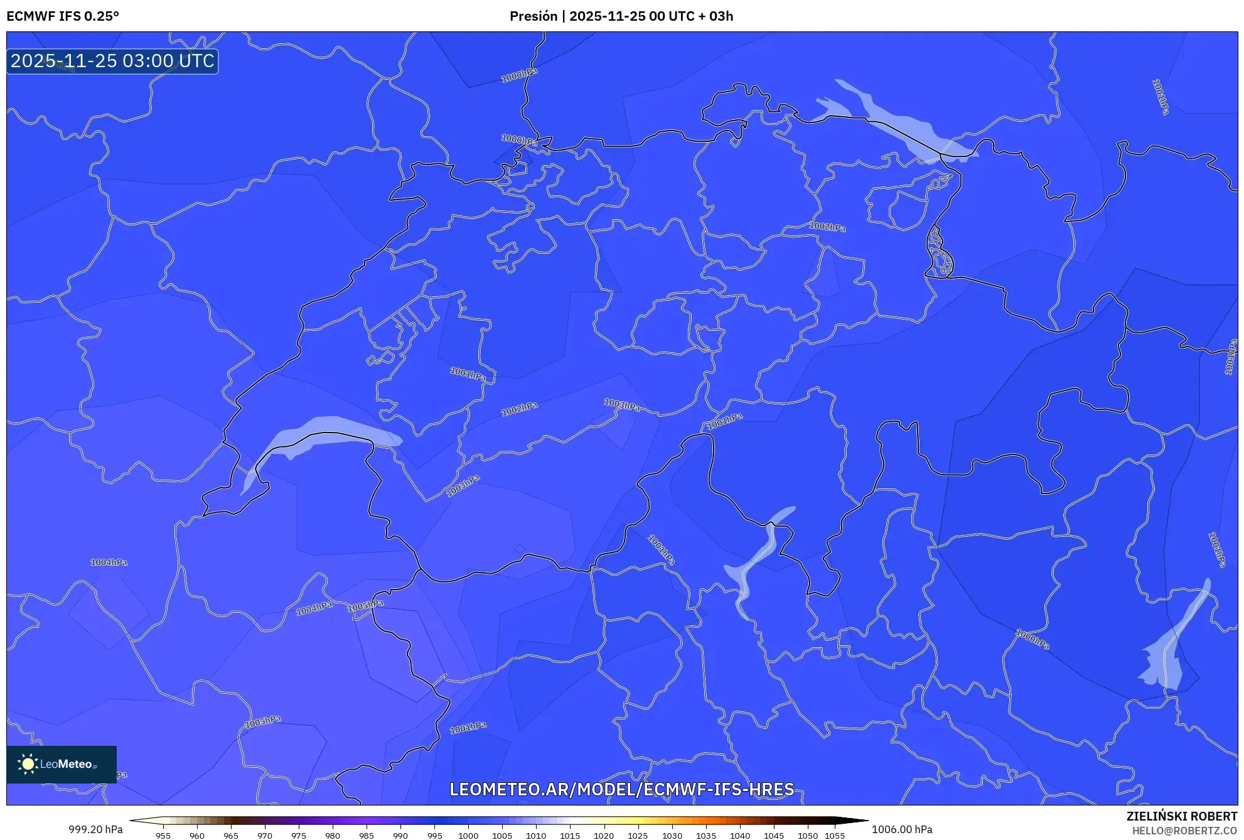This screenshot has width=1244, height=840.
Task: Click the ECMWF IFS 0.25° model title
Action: (x=63, y=16)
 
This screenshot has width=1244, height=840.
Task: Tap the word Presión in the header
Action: (x=533, y=16)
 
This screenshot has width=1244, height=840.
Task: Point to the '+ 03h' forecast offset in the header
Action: (x=716, y=16)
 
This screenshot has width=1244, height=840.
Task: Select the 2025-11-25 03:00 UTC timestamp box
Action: (x=112, y=62)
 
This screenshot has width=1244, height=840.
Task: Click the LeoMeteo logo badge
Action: (x=62, y=764)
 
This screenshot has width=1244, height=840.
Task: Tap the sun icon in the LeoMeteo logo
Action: (x=28, y=763)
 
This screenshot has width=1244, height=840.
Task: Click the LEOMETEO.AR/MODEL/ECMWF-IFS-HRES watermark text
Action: (x=621, y=789)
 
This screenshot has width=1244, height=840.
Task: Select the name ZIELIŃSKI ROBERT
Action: (x=1181, y=816)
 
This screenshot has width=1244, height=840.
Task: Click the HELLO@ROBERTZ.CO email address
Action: (x=1184, y=831)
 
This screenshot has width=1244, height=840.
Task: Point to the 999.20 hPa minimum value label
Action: (x=95, y=829)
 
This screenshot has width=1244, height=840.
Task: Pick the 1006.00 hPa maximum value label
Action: (x=901, y=829)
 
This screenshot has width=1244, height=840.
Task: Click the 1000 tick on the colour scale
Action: (x=468, y=836)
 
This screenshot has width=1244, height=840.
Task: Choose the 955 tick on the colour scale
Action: (x=163, y=836)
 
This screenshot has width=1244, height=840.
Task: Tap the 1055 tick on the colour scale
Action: (x=834, y=836)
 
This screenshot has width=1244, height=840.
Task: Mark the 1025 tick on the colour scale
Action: (x=638, y=836)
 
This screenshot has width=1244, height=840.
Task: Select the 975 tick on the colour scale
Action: (x=299, y=836)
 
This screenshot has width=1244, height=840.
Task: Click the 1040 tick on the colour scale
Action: (x=740, y=836)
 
